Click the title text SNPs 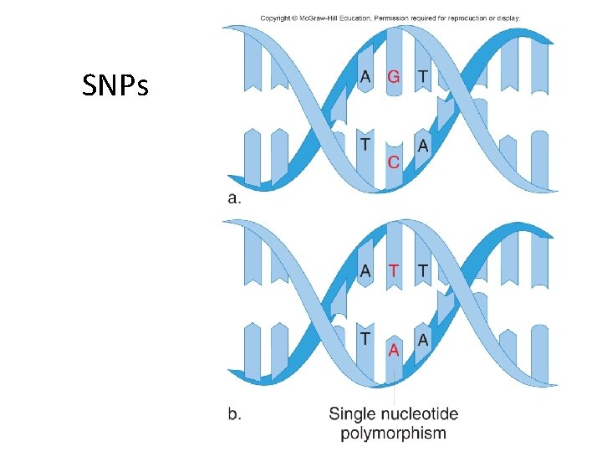coord(115,84)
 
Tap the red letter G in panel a coord(394,77)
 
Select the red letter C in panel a coord(394,161)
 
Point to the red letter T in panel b coord(394,271)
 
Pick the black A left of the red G coord(365,77)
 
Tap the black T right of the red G coord(422,77)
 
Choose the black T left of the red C coord(365,145)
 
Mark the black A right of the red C coord(422,145)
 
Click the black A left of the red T coord(365,271)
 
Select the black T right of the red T coord(422,271)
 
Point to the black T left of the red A coord(365,337)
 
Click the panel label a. coord(234,198)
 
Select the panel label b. coord(236,413)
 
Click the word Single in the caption coord(354,413)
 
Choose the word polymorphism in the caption coord(394,433)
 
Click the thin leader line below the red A coord(394,385)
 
